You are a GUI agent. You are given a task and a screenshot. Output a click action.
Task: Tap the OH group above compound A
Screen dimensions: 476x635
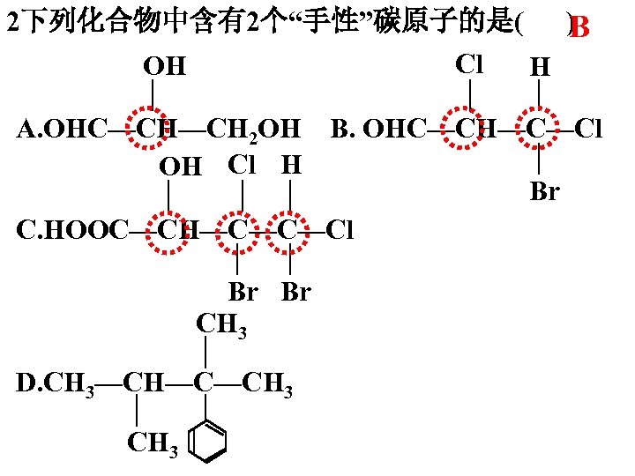coord(166,65)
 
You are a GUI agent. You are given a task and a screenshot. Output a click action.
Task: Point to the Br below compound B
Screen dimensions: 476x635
coord(544,191)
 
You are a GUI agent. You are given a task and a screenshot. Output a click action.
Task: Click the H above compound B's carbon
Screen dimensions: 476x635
coord(540,67)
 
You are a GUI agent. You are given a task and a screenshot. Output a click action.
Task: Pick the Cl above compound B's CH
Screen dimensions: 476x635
coord(469,64)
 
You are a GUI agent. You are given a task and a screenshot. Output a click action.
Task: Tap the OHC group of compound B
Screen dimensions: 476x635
coord(394,130)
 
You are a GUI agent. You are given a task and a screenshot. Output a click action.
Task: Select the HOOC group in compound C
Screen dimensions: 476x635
coord(87,231)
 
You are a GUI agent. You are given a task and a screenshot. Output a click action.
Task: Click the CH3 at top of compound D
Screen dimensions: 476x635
coord(220,325)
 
